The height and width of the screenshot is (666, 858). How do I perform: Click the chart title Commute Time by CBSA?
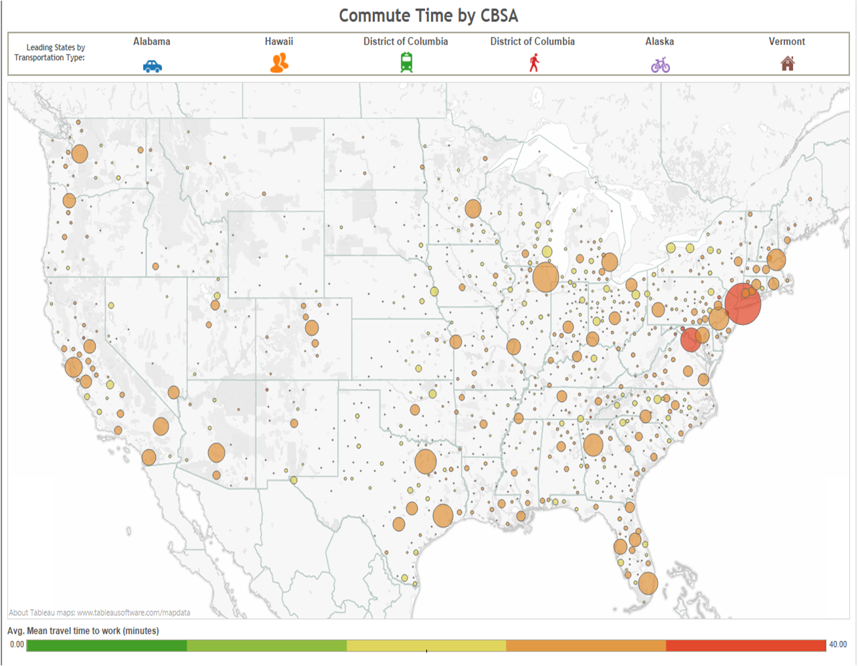pos(428,16)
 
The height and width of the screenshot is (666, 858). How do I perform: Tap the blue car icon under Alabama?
pos(153,66)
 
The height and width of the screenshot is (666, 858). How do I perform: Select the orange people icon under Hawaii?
pos(279,63)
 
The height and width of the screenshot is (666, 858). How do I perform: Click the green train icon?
pos(406,63)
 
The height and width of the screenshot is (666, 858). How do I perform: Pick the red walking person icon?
pos(533,63)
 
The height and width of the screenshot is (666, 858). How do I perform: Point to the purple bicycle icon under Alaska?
pos(660,65)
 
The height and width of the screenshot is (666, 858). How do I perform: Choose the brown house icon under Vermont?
pos(787,64)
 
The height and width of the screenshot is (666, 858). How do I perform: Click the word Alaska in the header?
pos(659,41)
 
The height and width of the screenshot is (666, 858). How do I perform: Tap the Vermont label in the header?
pos(786,41)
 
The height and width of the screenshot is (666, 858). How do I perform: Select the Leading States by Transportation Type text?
pos(51,52)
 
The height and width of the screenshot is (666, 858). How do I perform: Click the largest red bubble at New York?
pos(742,304)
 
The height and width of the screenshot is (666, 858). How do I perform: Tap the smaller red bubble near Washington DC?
pos(691,339)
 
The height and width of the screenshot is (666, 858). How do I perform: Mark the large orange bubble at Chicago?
pos(545,277)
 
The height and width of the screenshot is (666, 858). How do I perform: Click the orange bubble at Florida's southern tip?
pos(647,583)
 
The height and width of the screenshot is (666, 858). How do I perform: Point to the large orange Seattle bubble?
pos(80,154)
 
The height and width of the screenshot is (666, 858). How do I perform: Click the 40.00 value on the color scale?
pos(837,645)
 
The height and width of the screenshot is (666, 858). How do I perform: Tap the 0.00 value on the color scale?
pos(17,645)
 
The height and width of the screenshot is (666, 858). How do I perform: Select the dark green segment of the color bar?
pos(106,645)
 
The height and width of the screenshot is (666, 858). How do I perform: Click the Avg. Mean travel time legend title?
pos(83,631)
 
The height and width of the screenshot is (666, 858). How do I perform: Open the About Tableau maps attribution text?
pos(99,613)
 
